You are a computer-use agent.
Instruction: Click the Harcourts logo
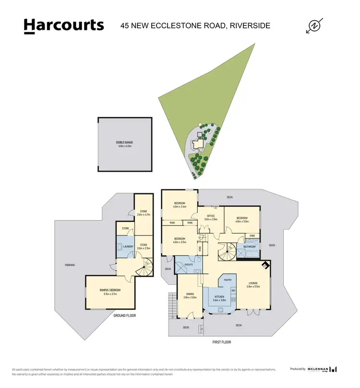64,25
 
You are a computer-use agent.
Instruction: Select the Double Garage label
125,142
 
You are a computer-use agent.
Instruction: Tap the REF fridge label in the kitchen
233,291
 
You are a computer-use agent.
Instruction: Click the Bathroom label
249,247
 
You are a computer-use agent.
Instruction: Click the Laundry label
128,247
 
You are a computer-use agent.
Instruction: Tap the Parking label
71,265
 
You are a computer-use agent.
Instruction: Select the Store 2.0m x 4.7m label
143,214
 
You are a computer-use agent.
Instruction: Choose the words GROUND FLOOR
126,316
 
